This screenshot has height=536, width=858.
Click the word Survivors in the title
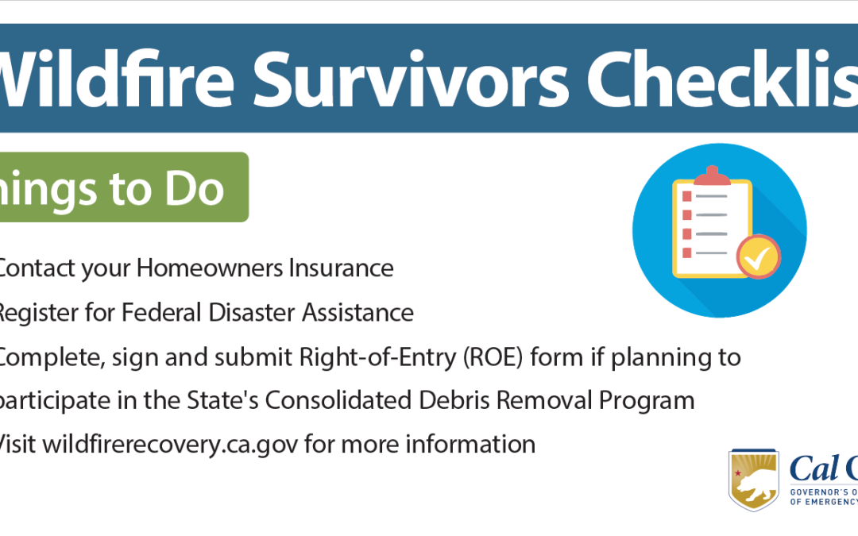pyautogui.click(x=418, y=79)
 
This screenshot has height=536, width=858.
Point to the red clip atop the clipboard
pyautogui.click(x=712, y=175)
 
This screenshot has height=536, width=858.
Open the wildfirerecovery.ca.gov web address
pyautogui.click(x=170, y=444)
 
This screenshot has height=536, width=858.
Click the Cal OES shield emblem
pyautogui.click(x=754, y=480)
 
